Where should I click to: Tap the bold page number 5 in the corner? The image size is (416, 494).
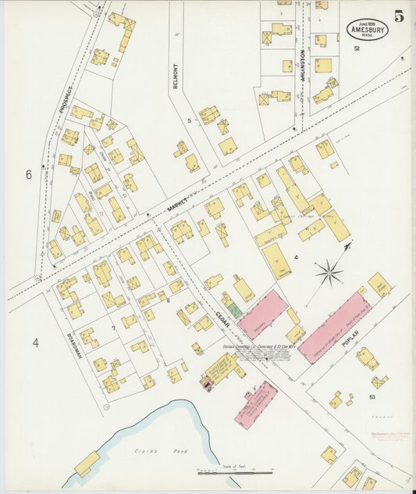(399, 16)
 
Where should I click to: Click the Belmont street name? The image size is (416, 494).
(176, 76)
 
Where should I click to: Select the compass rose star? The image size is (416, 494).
(329, 272)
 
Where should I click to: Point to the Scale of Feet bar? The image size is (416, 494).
(235, 472)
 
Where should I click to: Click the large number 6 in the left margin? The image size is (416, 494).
(29, 174)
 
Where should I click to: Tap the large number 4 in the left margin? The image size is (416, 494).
(35, 342)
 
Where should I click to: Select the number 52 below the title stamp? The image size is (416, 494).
(356, 48)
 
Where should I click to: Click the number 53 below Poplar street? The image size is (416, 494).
(372, 397)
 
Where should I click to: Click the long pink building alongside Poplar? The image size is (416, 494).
(332, 327)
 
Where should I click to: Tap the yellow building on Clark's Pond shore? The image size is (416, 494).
(87, 464)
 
